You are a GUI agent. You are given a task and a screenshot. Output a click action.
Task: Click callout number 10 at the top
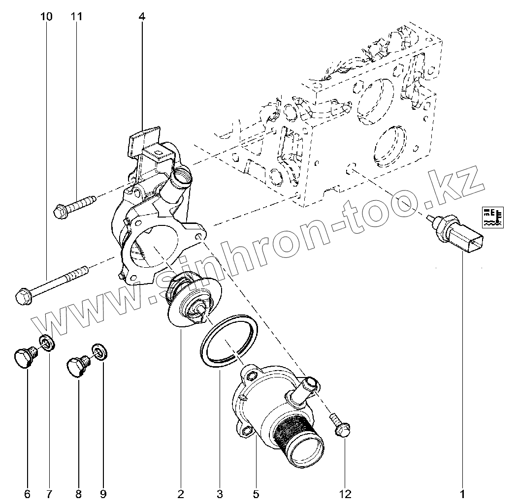coord(46,16)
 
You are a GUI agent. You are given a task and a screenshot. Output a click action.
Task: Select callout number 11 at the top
coord(76,16)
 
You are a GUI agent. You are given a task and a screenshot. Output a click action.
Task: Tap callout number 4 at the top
coord(142,16)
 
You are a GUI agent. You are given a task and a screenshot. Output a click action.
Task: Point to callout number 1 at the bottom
coord(462,494)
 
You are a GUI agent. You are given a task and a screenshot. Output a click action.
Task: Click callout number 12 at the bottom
coord(345,494)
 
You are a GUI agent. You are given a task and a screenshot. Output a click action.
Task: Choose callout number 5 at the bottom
coord(256,494)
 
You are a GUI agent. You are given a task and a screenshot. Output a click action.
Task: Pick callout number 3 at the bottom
coord(220,494)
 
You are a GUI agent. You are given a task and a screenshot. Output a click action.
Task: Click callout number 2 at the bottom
coord(181,494)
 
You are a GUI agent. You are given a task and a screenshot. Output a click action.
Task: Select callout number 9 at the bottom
coord(103,494)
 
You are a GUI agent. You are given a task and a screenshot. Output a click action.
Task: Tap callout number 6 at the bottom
coord(28,494)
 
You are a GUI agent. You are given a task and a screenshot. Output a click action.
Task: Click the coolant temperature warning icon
coord(493,218)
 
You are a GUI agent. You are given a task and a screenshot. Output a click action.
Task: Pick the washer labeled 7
coord(47,343)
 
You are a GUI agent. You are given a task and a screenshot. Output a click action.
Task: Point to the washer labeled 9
coord(99,352)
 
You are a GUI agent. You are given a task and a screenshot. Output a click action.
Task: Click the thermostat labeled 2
coord(193,301)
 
